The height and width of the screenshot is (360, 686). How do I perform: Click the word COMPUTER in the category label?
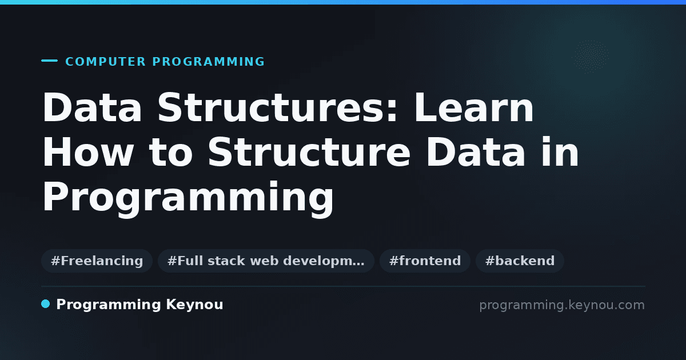tap(106, 62)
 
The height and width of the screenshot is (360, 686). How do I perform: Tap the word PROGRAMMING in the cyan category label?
tap(209, 62)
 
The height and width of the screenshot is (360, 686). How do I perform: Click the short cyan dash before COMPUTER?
tap(49, 61)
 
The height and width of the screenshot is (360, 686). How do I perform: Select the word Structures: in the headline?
tap(277, 107)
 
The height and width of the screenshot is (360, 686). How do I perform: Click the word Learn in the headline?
tap(474, 107)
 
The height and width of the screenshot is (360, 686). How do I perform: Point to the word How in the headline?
tap(88, 152)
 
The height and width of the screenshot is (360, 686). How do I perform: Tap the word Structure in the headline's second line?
tap(309, 152)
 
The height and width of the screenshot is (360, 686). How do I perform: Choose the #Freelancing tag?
tap(97, 261)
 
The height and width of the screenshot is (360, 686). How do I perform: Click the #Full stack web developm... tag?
tap(266, 261)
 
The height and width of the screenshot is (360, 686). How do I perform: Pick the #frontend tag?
tap(425, 261)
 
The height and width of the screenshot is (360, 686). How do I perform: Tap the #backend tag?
tap(520, 261)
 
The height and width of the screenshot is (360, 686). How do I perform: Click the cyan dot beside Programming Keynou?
tap(45, 304)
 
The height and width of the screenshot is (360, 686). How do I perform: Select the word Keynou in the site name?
tap(194, 305)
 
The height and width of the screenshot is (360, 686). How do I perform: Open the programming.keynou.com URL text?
tap(562, 305)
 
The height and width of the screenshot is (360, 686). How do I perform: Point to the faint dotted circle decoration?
tap(591, 57)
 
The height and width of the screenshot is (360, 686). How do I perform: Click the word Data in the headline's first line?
tap(92, 107)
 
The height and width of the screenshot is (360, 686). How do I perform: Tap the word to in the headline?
tap(170, 153)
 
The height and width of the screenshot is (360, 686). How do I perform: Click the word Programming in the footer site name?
tap(109, 305)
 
